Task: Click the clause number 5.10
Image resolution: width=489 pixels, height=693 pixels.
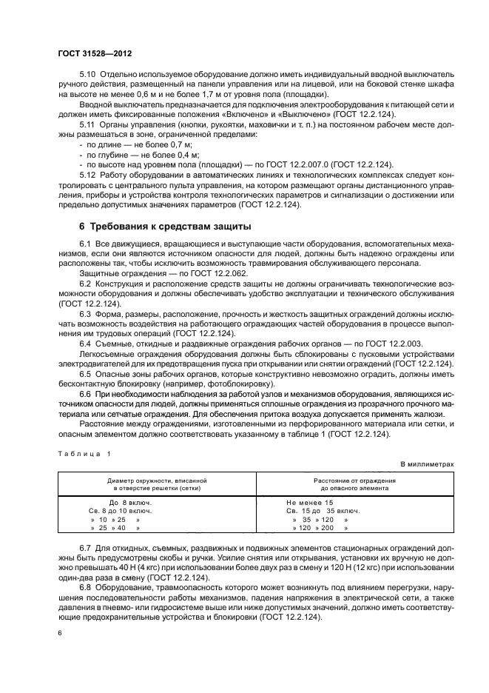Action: (87, 76)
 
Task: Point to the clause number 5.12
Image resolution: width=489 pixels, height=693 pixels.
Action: (87, 173)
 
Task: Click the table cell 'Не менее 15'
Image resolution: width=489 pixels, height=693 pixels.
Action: (310, 502)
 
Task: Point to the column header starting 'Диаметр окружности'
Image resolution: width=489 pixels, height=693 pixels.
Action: (156, 484)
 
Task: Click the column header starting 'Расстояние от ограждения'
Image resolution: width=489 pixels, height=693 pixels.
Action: (348, 484)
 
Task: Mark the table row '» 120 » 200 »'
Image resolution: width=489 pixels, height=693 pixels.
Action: (319, 528)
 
